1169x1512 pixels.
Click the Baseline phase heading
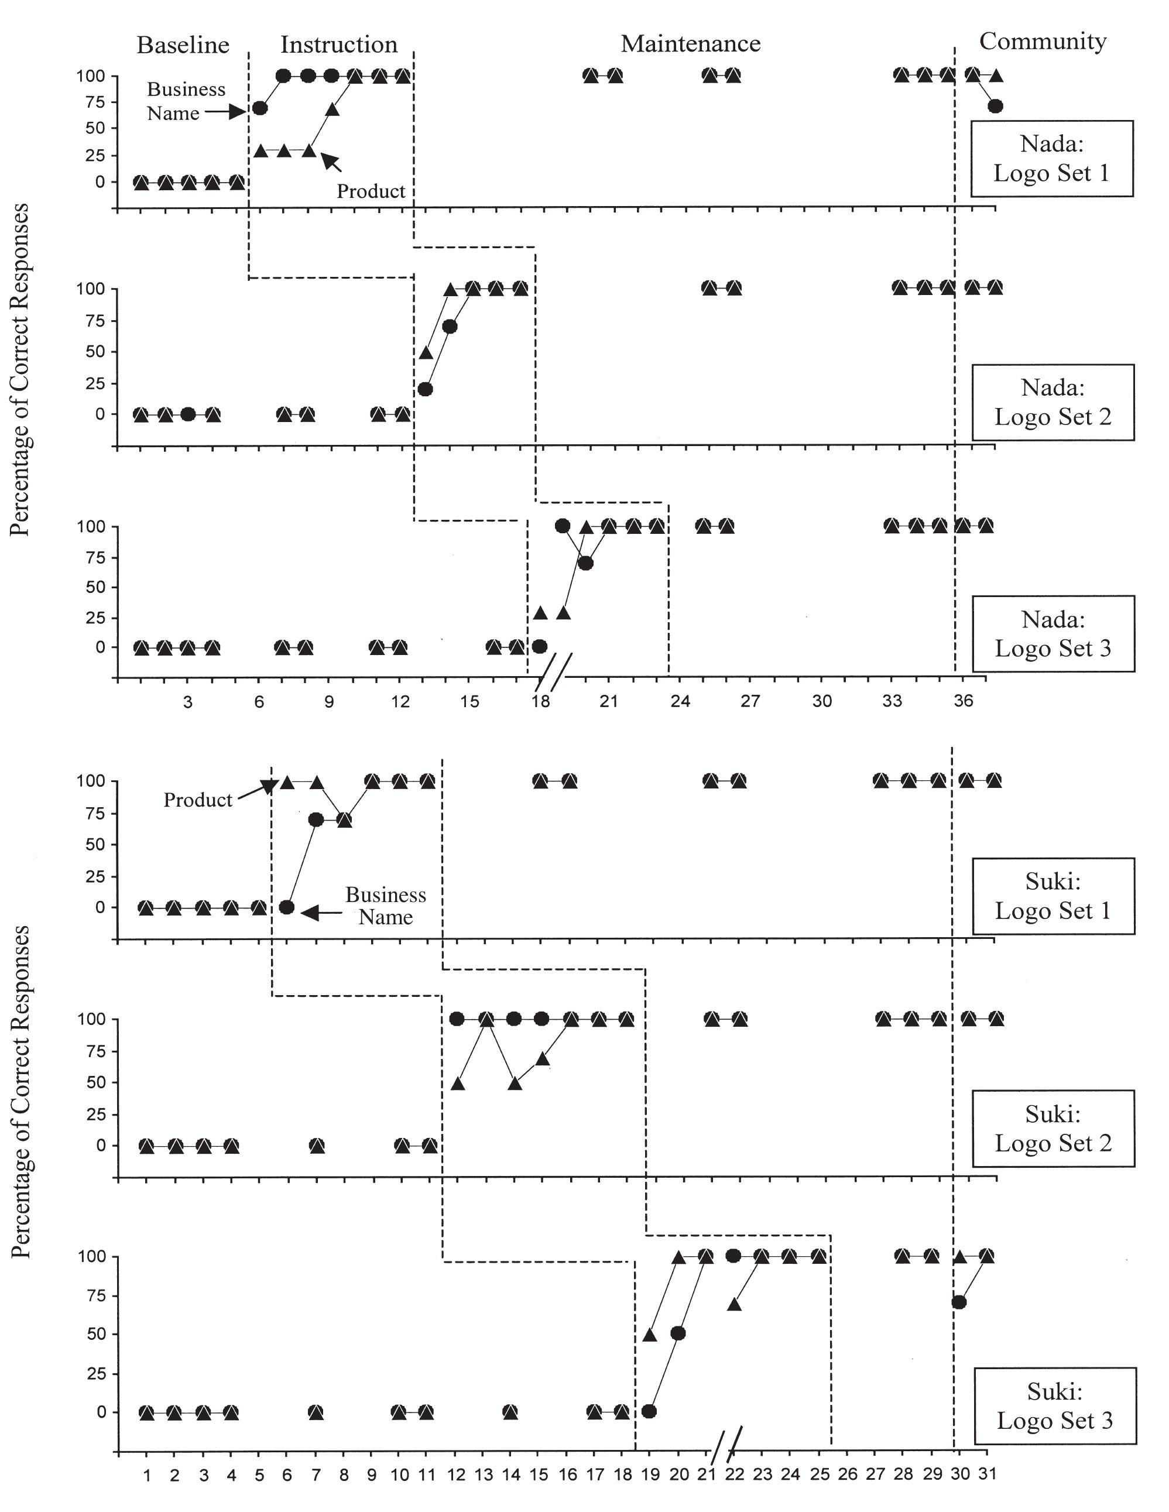click(x=183, y=45)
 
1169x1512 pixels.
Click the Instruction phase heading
click(x=338, y=45)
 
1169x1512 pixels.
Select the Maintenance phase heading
click(x=690, y=44)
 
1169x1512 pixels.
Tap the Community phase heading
click(x=1043, y=42)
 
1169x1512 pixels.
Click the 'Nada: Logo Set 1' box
click(x=1051, y=159)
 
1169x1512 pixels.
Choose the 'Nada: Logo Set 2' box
click(x=1053, y=402)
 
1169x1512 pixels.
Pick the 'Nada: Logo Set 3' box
click(x=1053, y=633)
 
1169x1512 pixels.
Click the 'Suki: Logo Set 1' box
click(x=1053, y=896)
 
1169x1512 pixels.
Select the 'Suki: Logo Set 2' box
click(x=1053, y=1129)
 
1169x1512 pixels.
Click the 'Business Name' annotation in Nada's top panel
click(x=186, y=101)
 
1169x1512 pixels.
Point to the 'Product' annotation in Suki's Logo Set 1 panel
click(x=197, y=800)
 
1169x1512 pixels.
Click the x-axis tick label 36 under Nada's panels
click(x=963, y=701)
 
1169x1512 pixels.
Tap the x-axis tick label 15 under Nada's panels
click(x=469, y=701)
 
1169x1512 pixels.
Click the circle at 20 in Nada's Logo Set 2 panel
click(x=426, y=389)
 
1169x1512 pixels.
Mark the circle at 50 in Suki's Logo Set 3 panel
click(x=678, y=1333)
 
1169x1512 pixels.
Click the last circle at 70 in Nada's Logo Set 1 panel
click(x=995, y=107)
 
